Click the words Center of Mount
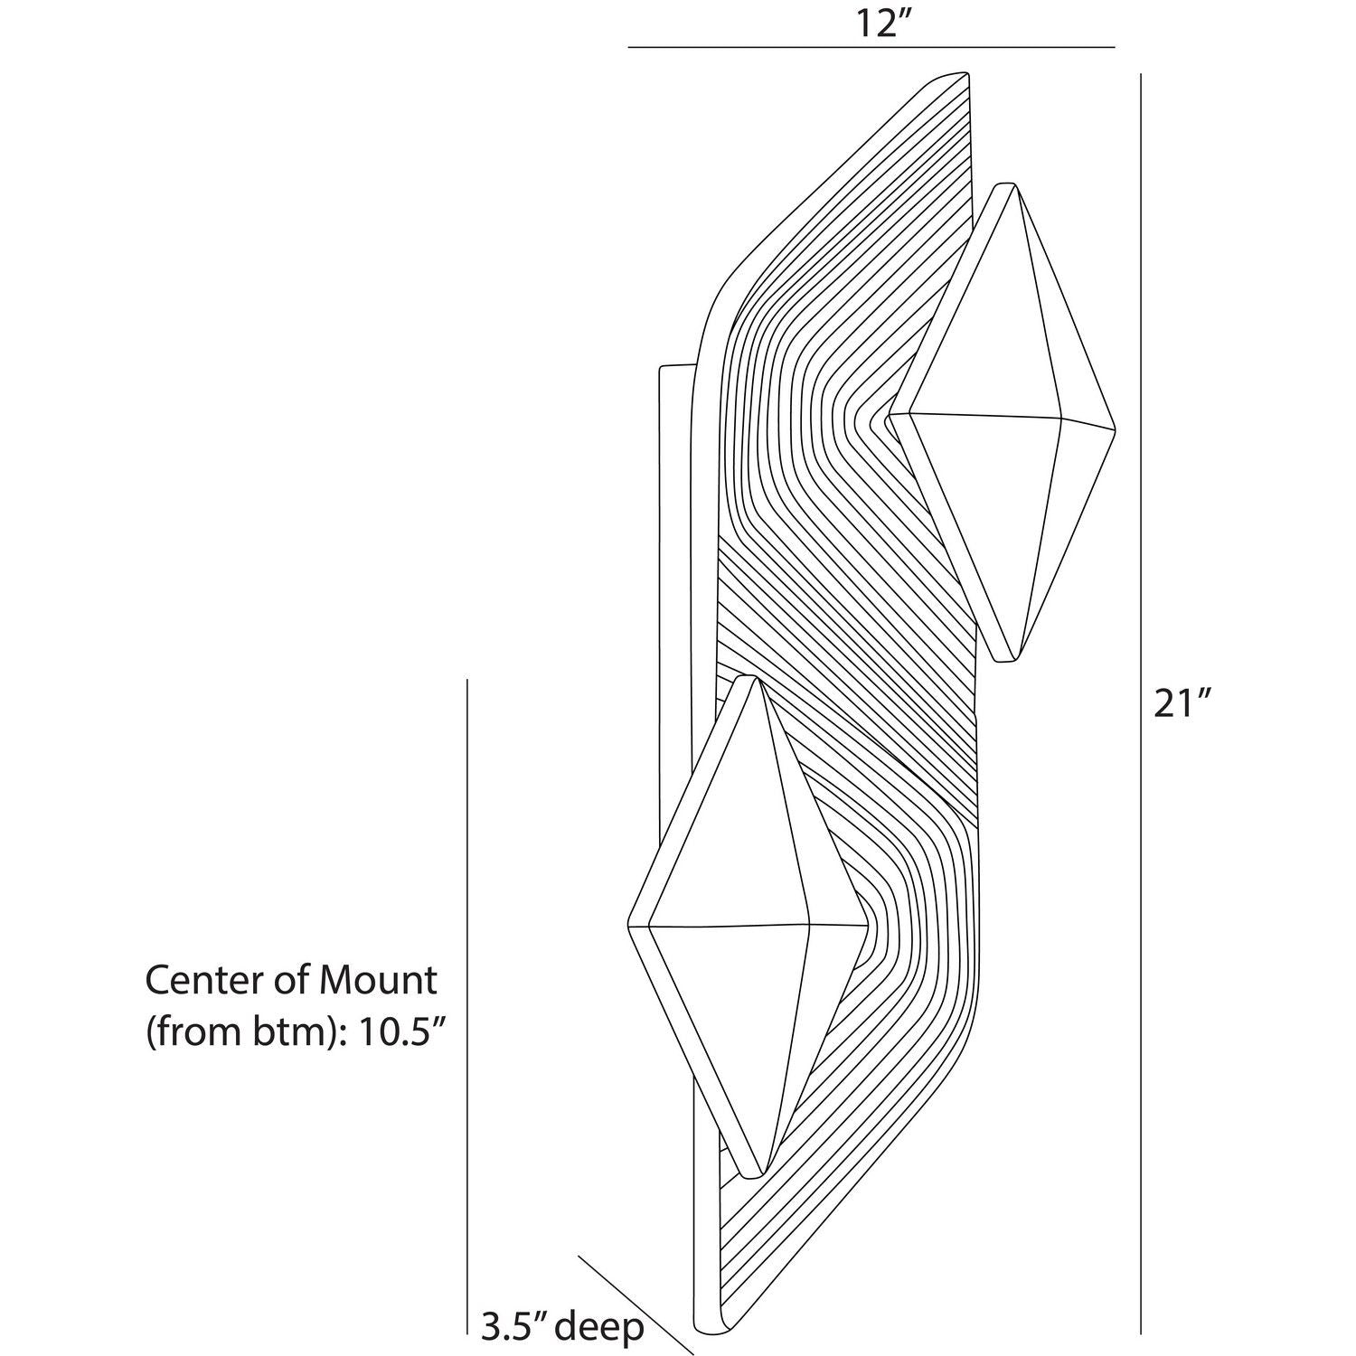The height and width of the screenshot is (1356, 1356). [291, 980]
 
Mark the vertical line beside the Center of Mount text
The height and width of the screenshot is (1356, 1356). [466, 994]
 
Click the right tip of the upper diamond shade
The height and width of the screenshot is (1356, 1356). [1116, 428]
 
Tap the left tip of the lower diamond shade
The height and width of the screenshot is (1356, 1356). [628, 925]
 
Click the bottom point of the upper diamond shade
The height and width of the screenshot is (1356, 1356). [1008, 662]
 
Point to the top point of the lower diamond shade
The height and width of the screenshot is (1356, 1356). [749, 676]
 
